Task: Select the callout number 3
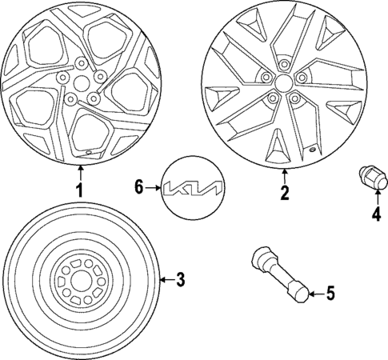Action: (x=181, y=279)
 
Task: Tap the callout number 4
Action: (x=374, y=214)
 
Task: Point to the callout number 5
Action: (x=330, y=294)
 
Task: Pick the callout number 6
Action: (x=138, y=187)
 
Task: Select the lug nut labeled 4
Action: (x=372, y=176)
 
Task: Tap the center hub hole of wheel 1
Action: (x=80, y=82)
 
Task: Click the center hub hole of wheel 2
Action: (x=283, y=84)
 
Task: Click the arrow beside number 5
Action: (x=315, y=294)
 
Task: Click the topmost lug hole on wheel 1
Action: (x=82, y=63)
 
